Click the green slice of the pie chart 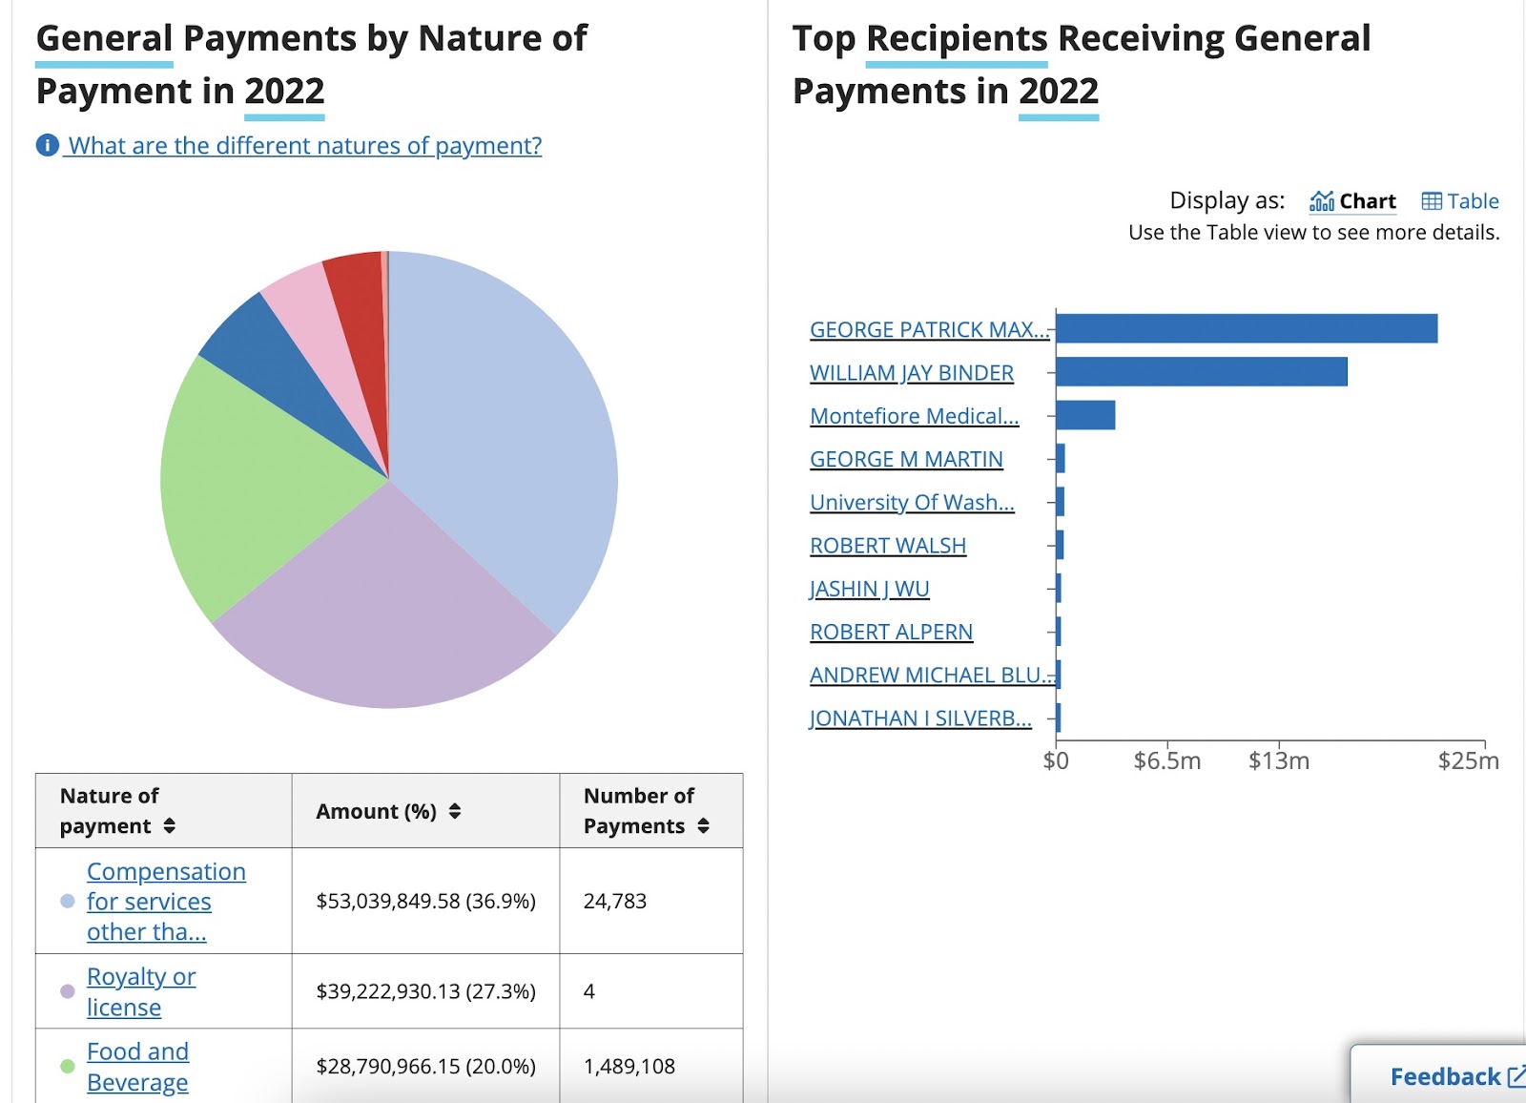tap(248, 487)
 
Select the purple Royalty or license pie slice tap(381, 611)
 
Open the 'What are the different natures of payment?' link tap(303, 146)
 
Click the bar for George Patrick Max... tap(1246, 328)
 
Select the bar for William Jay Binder tap(1201, 372)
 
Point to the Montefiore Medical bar tap(1085, 415)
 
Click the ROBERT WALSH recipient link tap(887, 546)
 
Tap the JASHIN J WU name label tap(869, 589)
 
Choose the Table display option tap(1460, 201)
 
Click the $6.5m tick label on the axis tap(1166, 761)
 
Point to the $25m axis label tap(1468, 761)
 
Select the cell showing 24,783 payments tap(615, 901)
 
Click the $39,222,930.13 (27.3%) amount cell tap(425, 991)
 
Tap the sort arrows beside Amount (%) tap(455, 811)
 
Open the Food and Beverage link tap(137, 1067)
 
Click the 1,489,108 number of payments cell tap(629, 1066)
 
